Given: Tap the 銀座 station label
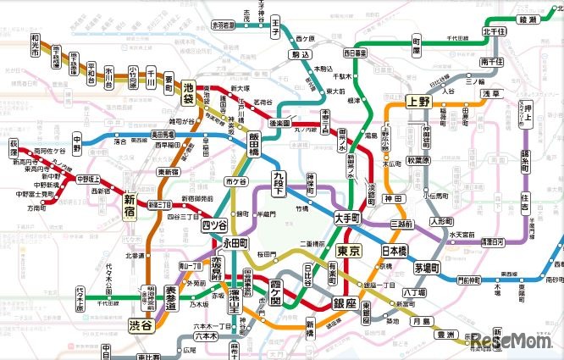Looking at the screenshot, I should coord(344,303).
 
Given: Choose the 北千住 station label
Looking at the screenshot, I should coord(491,33).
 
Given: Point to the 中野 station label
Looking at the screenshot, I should coord(77,140).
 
